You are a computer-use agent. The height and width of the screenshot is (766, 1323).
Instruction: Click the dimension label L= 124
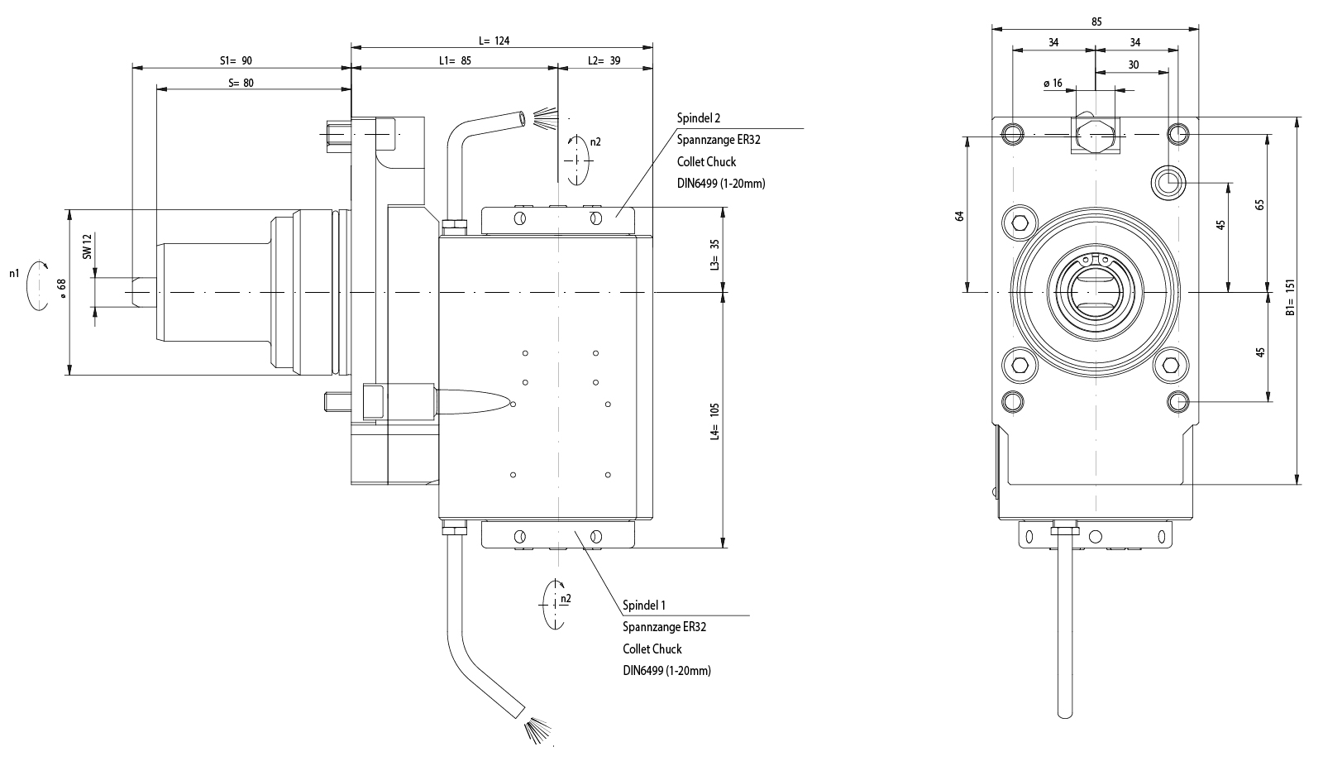point(494,40)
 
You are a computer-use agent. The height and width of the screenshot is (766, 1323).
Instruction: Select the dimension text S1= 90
point(236,60)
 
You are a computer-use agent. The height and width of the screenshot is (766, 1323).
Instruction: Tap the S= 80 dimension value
point(240,83)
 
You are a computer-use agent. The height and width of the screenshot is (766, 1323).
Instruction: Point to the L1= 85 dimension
point(455,60)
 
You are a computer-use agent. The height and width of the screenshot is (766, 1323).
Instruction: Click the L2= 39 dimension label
point(604,60)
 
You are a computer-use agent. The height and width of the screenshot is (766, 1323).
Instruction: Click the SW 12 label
point(87,247)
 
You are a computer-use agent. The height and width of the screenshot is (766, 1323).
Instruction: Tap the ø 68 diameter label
point(61,285)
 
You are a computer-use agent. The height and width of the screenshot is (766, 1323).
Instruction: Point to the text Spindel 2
point(699,118)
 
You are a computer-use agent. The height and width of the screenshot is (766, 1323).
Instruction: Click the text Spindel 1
point(644,606)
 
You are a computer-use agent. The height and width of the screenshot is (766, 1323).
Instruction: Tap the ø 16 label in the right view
point(1053,84)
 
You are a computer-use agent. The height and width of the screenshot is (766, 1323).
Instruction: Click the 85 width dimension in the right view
point(1096,22)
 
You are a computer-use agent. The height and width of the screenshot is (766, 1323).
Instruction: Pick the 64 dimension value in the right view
point(960,216)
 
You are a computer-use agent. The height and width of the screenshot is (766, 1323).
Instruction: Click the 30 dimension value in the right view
point(1133,65)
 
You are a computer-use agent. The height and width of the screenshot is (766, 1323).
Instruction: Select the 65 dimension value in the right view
point(1260,205)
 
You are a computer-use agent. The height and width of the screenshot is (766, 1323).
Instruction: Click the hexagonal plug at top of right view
point(1095,132)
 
